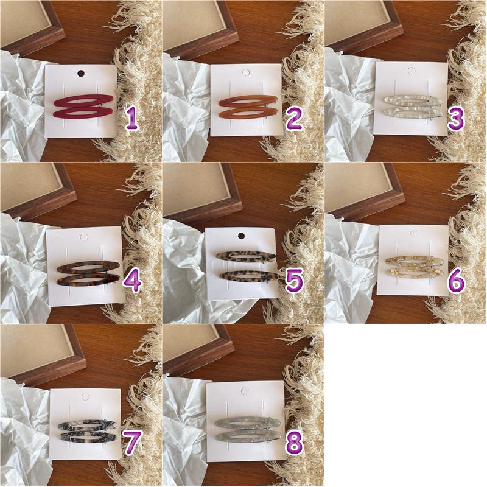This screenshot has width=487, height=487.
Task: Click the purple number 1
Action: [133, 119]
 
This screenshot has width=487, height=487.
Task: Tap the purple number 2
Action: [293, 119]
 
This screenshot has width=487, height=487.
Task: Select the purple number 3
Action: [456, 119]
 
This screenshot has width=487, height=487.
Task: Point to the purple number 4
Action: [133, 282]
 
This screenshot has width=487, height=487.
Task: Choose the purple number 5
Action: [294, 282]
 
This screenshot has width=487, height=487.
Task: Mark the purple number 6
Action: [456, 282]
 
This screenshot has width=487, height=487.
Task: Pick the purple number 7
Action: [133, 444]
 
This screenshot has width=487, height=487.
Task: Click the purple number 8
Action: [294, 444]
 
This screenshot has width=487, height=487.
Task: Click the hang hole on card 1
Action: [80, 74]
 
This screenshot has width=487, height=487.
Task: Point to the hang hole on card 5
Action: [240, 236]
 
